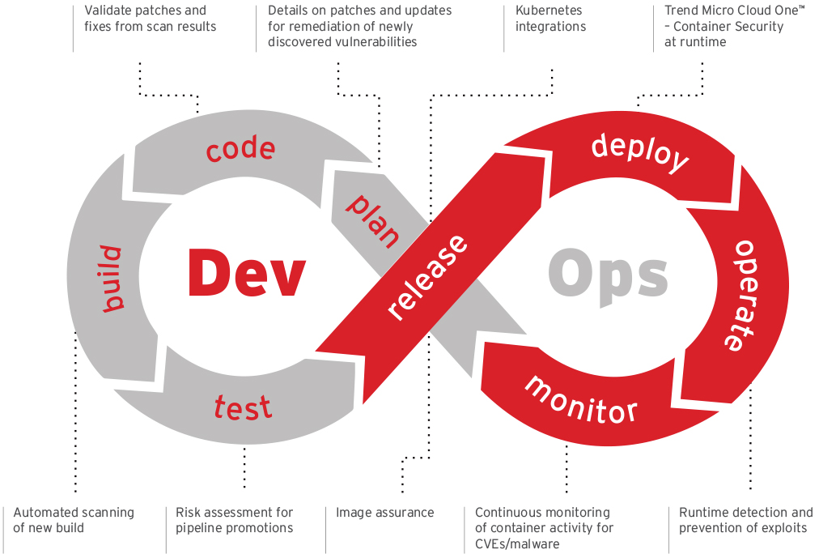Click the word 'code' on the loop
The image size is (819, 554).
(240, 149)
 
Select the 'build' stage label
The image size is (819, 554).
(112, 279)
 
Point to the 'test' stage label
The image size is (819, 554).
(243, 407)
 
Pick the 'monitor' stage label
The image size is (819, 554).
(580, 398)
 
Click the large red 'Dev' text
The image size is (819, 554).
(246, 273)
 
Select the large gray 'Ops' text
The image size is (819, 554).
(609, 273)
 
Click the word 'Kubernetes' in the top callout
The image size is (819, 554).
(549, 11)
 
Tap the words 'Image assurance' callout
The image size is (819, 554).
(384, 513)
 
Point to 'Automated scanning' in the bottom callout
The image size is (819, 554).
(74, 513)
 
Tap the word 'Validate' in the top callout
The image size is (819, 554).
(109, 11)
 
